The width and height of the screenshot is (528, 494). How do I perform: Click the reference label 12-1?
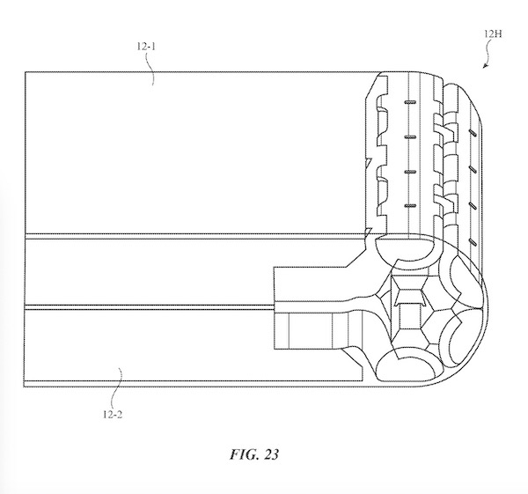coord(146,46)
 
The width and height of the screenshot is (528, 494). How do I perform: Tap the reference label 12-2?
coord(113,414)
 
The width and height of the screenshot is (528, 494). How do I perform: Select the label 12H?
coord(493,34)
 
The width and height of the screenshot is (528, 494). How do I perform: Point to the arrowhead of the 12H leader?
coord(484,66)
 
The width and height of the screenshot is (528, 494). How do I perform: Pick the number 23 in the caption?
coord(271,454)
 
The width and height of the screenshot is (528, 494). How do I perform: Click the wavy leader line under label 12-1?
coord(150,69)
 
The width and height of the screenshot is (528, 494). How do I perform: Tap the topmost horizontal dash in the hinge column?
coord(410,102)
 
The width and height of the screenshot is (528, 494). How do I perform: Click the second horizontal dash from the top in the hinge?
coord(410,137)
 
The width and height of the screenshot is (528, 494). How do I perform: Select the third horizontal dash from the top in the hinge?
coord(410,172)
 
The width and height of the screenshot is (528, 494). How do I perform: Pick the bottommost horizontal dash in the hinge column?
coord(410,205)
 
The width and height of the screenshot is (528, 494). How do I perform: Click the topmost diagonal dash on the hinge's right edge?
coord(473,132)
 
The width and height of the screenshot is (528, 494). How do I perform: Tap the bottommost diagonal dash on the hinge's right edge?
coord(473,241)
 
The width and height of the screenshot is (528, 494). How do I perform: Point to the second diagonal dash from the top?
coord(473,169)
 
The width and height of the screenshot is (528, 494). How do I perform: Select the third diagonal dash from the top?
coord(473,205)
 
